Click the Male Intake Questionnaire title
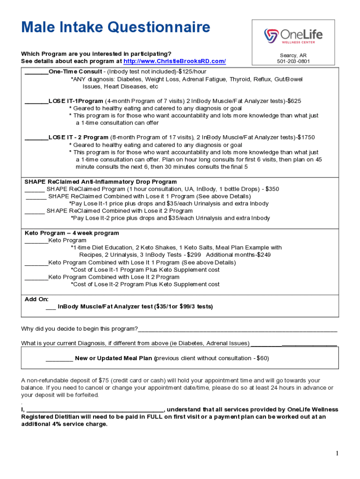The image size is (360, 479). (x=115, y=28)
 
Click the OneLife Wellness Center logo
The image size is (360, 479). (x=293, y=36)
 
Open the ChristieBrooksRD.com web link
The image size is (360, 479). (x=174, y=61)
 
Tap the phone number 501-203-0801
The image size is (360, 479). (x=293, y=61)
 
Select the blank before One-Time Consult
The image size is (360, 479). (x=36, y=72)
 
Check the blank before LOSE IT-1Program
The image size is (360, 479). (x=36, y=101)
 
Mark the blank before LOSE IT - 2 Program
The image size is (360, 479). (x=36, y=138)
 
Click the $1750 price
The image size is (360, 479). (x=306, y=138)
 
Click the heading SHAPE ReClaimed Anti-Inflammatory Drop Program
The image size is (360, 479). (x=101, y=181)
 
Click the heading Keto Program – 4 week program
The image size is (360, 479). (x=72, y=233)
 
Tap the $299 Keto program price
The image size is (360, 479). (x=193, y=255)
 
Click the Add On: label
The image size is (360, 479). (x=36, y=299)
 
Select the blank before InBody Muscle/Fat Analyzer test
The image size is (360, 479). (x=50, y=308)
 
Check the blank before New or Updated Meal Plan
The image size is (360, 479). (x=59, y=359)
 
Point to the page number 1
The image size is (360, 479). (x=336, y=453)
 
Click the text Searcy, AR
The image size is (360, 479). (x=293, y=55)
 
